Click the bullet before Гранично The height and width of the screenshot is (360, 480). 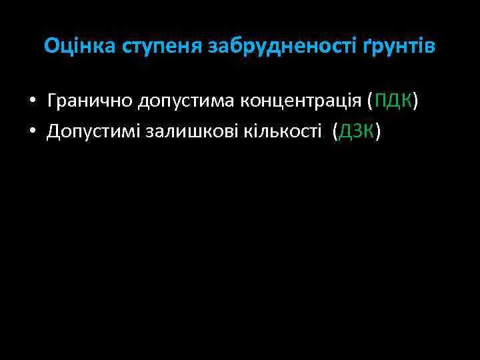pyautogui.click(x=32, y=101)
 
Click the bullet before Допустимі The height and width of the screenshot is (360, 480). pyautogui.click(x=32, y=132)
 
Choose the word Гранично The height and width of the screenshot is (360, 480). pyautogui.click(x=89, y=101)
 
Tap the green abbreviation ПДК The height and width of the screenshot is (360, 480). pyautogui.click(x=393, y=101)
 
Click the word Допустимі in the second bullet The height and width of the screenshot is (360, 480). pyautogui.click(x=93, y=131)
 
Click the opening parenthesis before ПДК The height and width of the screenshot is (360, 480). pyautogui.click(x=371, y=101)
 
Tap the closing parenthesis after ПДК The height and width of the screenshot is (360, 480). pyautogui.click(x=416, y=101)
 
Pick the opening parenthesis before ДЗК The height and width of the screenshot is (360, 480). pyautogui.click(x=335, y=132)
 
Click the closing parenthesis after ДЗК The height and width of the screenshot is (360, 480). pyautogui.click(x=379, y=132)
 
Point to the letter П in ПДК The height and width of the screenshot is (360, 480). pyautogui.click(x=380, y=101)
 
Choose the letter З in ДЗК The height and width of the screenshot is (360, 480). pyautogui.click(x=357, y=131)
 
